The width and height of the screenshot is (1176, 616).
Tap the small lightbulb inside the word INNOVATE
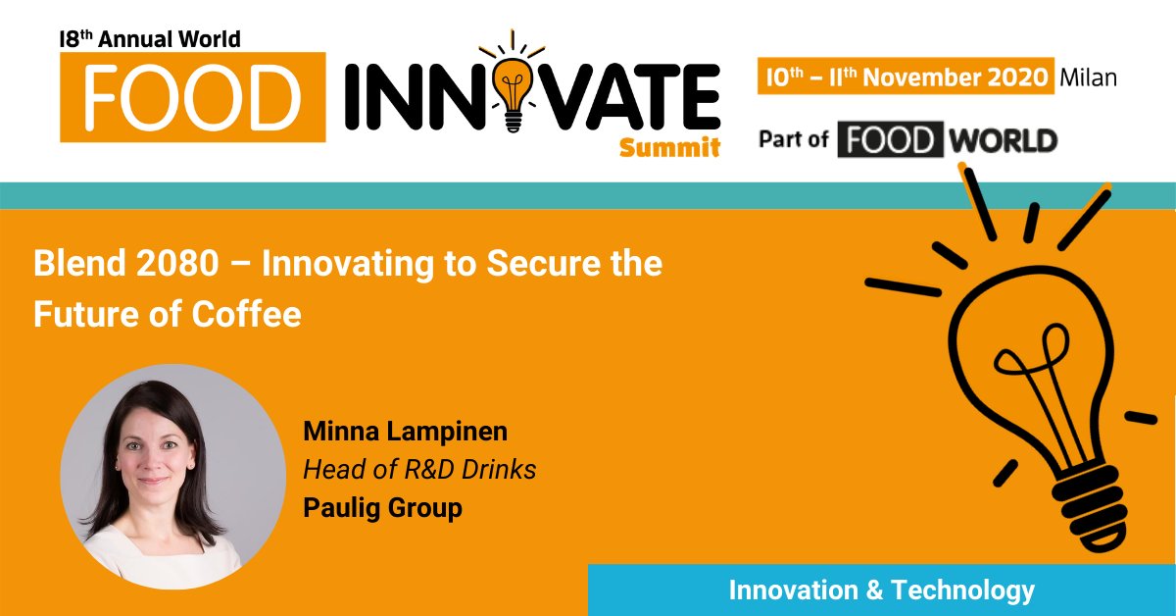pyautogui.click(x=512, y=90)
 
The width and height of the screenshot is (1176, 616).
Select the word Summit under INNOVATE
pyautogui.click(x=669, y=147)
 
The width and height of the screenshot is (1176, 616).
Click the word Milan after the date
pyautogui.click(x=1088, y=77)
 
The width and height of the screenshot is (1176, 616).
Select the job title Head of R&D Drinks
pyautogui.click(x=419, y=470)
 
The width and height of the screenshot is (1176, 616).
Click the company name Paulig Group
pyautogui.click(x=382, y=508)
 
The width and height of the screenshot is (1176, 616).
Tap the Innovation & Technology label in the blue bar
pyautogui.click(x=882, y=590)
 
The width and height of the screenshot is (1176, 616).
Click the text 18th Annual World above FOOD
pyautogui.click(x=150, y=39)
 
